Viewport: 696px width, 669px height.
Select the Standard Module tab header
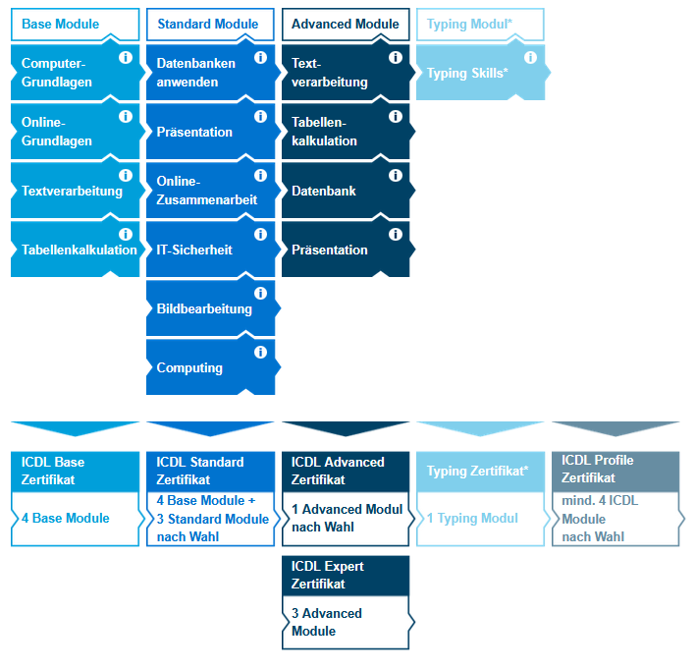click(x=207, y=24)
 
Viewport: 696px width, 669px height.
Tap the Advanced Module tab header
click(x=345, y=24)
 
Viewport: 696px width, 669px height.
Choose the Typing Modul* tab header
click(x=470, y=24)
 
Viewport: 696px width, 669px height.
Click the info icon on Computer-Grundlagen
click(x=126, y=58)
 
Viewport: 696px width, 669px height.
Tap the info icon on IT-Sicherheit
click(x=260, y=235)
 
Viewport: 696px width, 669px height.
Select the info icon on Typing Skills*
click(x=530, y=58)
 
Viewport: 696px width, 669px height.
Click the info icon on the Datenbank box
click(x=396, y=176)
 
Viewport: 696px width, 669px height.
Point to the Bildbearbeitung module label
click(x=204, y=309)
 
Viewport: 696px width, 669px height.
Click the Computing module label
click(x=189, y=368)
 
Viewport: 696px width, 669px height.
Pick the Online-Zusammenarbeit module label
click(x=206, y=191)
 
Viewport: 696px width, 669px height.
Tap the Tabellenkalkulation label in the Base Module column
click(x=80, y=251)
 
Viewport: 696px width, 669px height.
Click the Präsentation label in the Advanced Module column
click(x=330, y=251)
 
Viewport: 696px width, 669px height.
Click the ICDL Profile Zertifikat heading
click(x=598, y=470)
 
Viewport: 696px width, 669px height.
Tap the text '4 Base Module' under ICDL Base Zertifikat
click(x=66, y=519)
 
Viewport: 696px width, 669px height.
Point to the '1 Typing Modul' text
click(x=472, y=519)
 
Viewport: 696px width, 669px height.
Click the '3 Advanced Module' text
click(x=327, y=622)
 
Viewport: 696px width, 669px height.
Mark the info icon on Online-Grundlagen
click(x=126, y=117)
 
